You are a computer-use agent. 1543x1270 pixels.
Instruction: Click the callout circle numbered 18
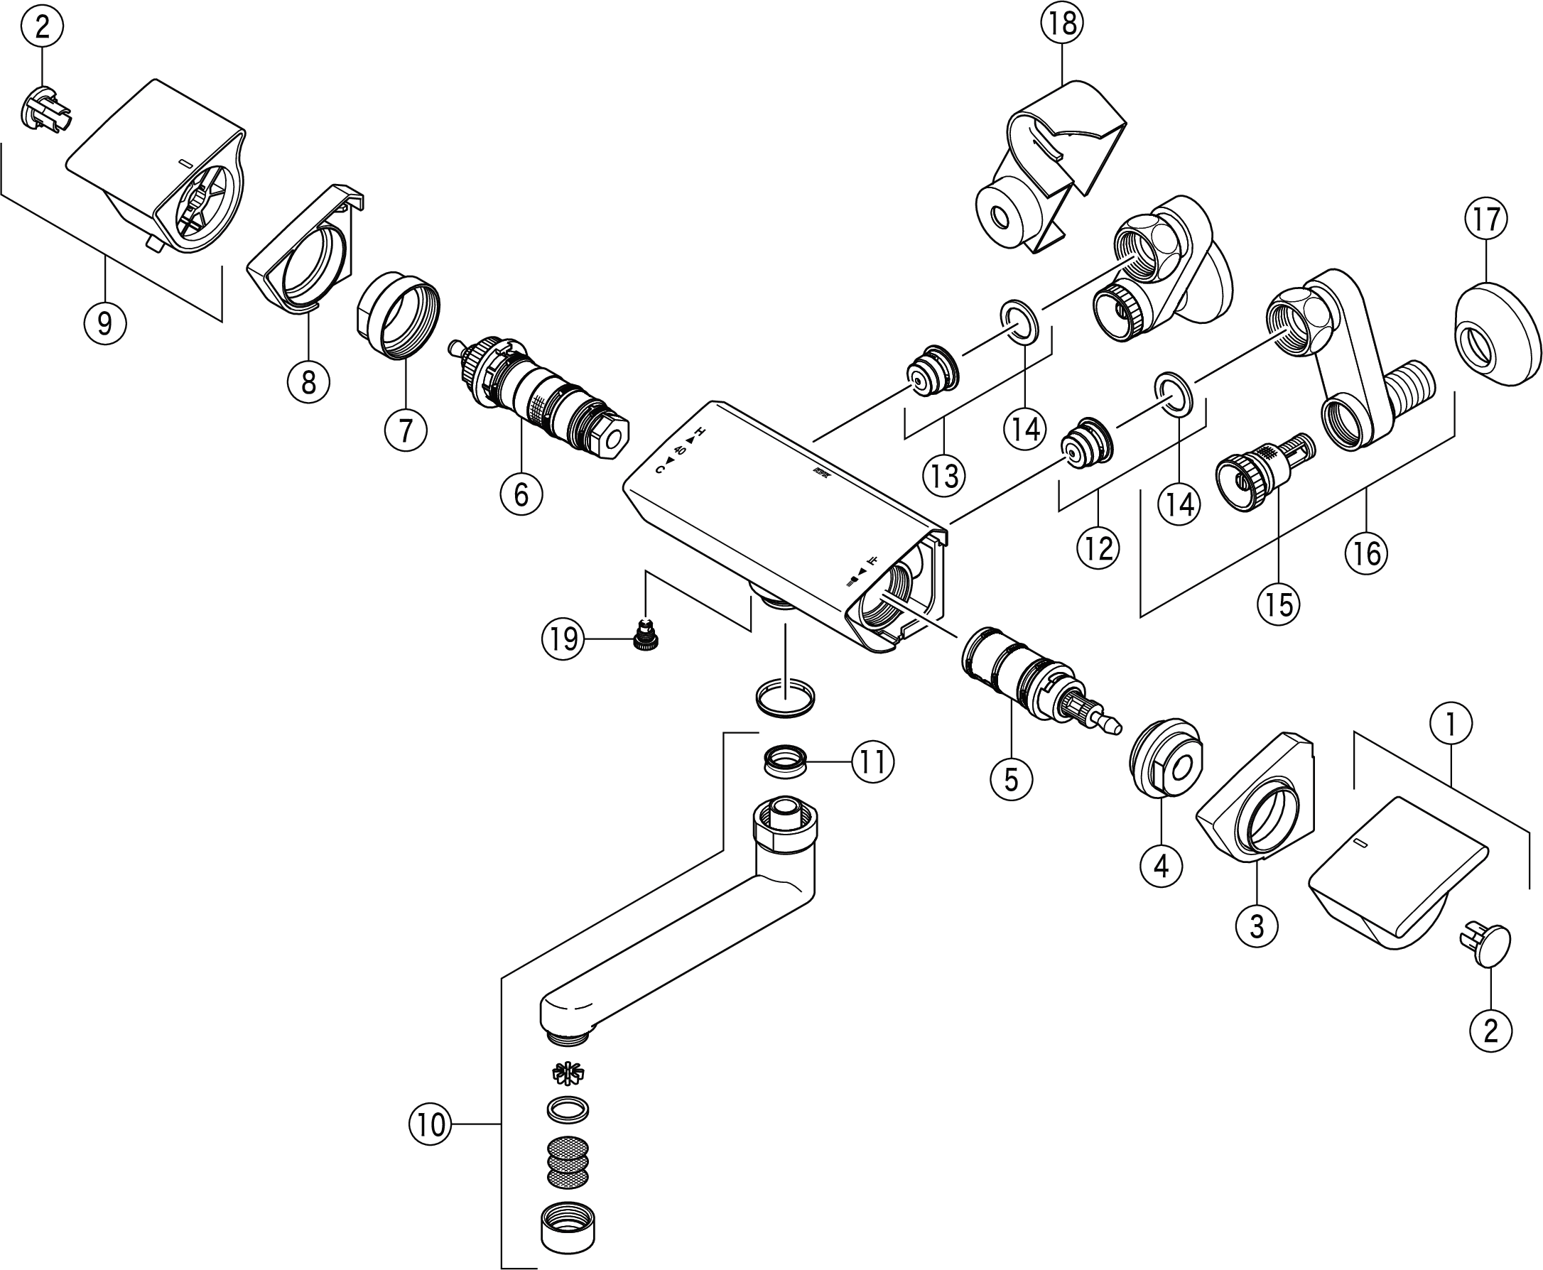point(1062,24)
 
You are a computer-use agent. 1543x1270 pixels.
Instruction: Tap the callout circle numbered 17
point(1486,219)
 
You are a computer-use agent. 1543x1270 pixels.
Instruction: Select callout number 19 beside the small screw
point(563,639)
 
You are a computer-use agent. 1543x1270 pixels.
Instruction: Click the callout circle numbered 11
point(873,762)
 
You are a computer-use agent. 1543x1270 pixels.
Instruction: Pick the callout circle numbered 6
point(521,494)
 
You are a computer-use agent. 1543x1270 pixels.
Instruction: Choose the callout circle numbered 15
point(1279,604)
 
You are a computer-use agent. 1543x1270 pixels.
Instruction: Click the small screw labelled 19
point(646,636)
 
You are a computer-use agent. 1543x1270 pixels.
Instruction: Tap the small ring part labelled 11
point(785,761)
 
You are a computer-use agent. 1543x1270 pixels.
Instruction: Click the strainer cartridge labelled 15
point(1265,472)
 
